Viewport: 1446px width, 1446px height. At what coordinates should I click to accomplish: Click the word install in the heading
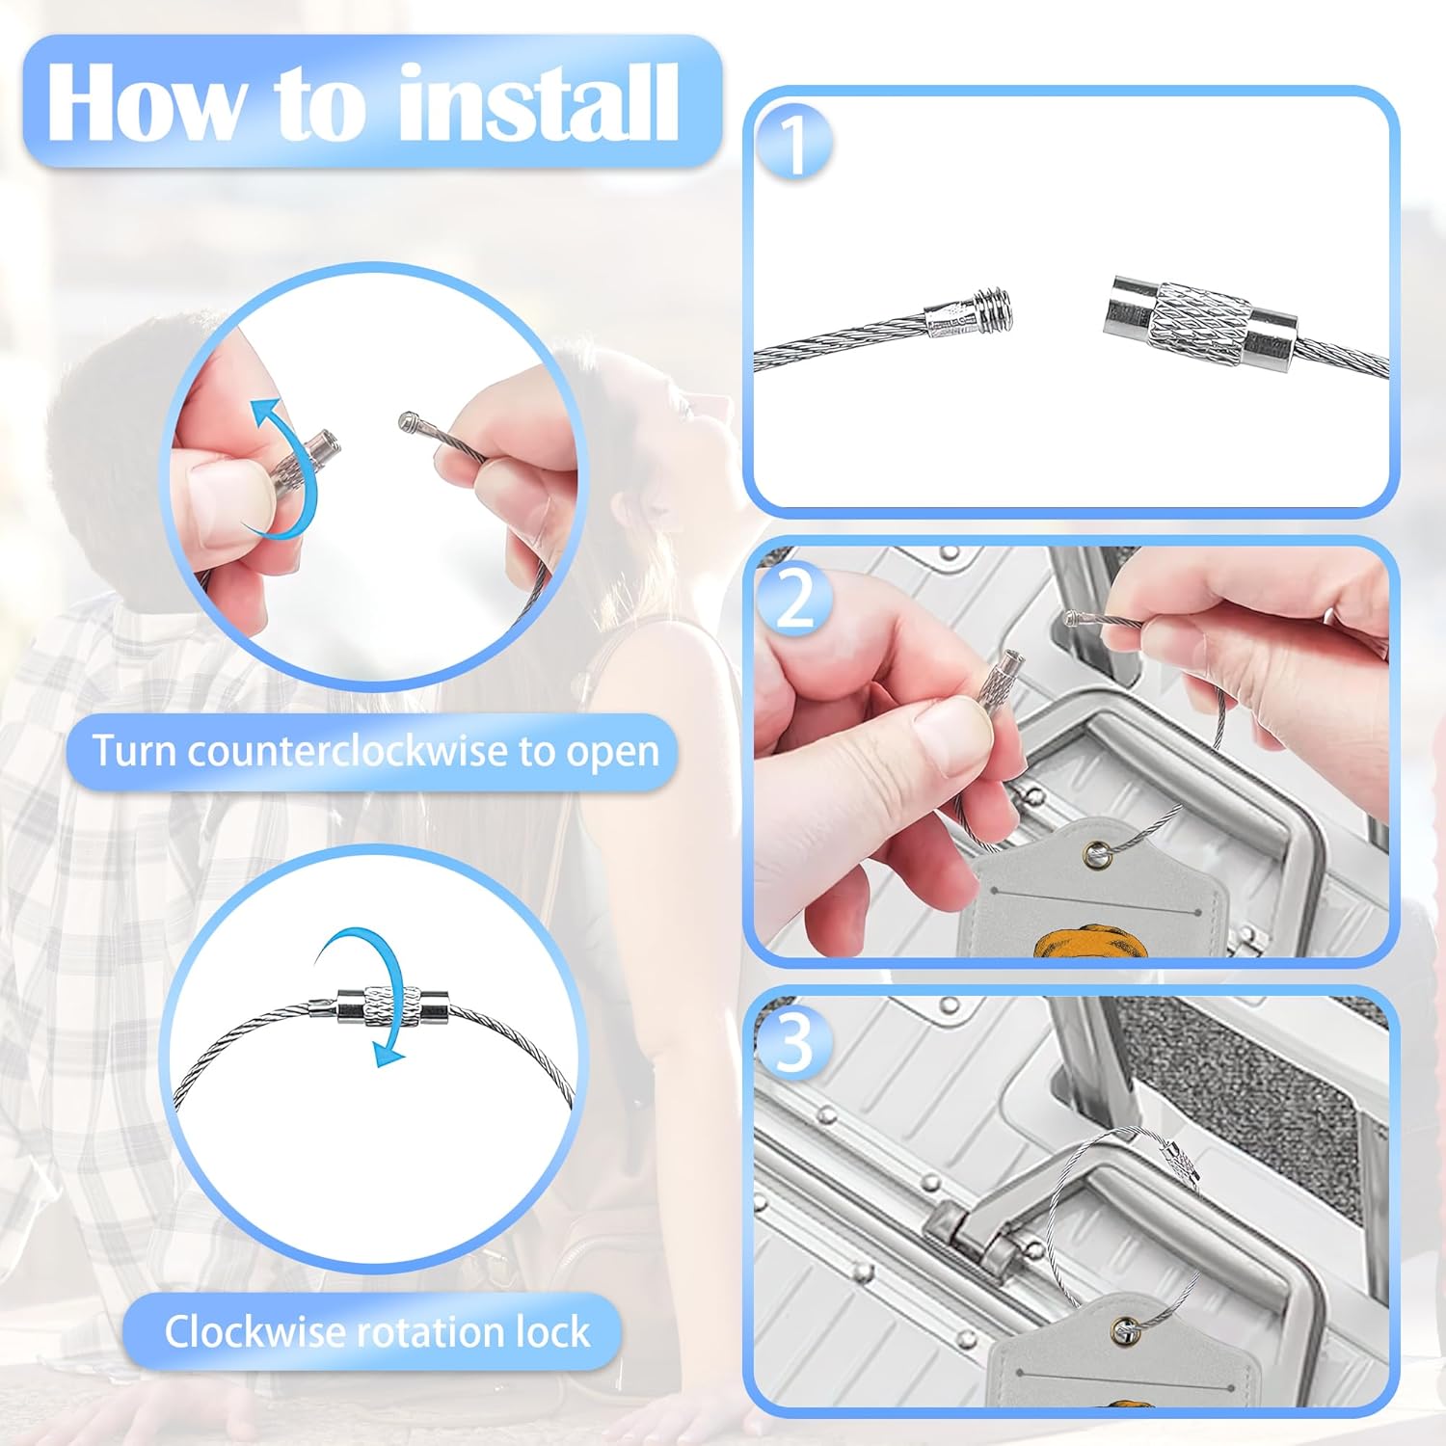[538, 102]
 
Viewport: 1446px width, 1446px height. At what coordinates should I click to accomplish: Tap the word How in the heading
[146, 102]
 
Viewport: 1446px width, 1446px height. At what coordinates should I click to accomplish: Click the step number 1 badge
[794, 145]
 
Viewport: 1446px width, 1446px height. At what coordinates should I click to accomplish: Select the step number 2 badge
[794, 599]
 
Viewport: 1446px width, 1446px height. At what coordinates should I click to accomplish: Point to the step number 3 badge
[794, 1042]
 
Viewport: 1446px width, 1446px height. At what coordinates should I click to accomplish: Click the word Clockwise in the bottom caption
[254, 1331]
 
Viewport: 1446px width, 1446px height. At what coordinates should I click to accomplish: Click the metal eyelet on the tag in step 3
[1124, 1331]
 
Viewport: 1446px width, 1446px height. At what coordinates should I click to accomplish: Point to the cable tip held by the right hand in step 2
[1072, 618]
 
